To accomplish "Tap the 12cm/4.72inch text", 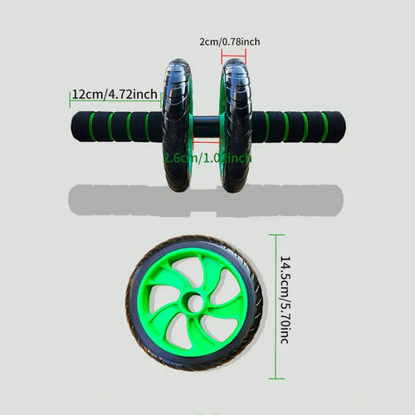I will pyautogui.click(x=114, y=94).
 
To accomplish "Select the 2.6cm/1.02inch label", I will pyautogui.click(x=207, y=158).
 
